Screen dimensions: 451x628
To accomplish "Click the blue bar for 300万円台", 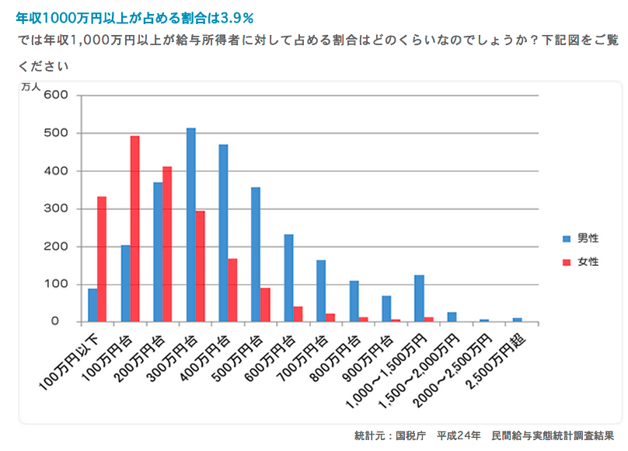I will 191,225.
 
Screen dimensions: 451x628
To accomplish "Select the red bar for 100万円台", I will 134,229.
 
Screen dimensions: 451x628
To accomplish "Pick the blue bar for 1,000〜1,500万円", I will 419,299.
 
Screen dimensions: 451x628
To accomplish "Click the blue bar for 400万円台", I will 224,233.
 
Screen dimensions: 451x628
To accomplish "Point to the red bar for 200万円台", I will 167,244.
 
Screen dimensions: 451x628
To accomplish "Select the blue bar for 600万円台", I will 288,278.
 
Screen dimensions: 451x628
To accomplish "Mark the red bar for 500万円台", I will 266,305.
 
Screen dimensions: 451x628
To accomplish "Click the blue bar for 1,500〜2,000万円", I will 452,317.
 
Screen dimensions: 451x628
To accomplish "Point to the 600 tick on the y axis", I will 60,96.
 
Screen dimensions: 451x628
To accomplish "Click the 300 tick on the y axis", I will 60,208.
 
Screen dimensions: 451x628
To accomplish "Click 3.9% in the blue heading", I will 237,16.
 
